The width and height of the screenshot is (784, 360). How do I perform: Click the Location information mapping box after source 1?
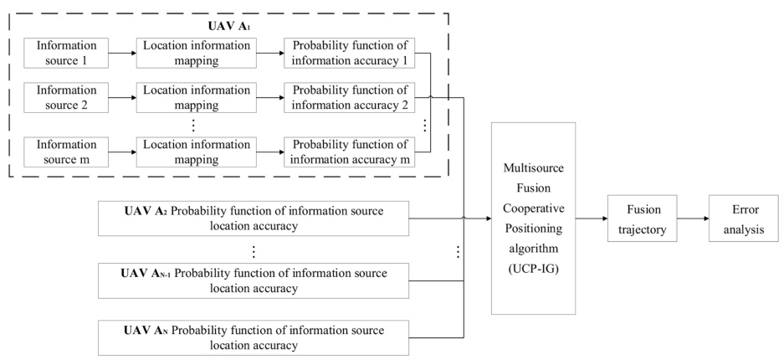[x=192, y=52]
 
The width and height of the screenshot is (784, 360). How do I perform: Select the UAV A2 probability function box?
[x=252, y=219]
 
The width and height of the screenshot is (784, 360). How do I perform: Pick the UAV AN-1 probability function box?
[x=252, y=280]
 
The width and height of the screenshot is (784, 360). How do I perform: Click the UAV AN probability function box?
[x=252, y=337]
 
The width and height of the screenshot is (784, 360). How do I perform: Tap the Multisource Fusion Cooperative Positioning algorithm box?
[x=534, y=218]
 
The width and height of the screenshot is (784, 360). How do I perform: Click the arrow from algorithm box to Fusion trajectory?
[x=592, y=220]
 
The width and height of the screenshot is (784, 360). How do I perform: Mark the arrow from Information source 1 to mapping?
[x=123, y=52]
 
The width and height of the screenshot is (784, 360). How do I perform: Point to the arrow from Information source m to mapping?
[x=123, y=152]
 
